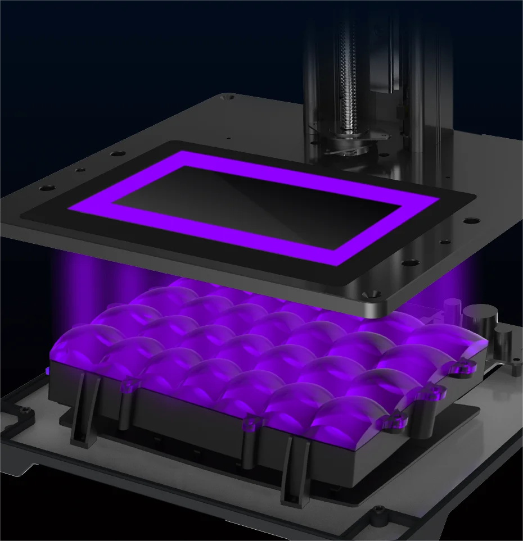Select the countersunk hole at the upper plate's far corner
[x=228, y=98]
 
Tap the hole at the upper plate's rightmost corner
[x=471, y=220]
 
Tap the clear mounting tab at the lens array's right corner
[x=456, y=368]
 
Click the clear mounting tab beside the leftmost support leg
[x=129, y=385]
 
